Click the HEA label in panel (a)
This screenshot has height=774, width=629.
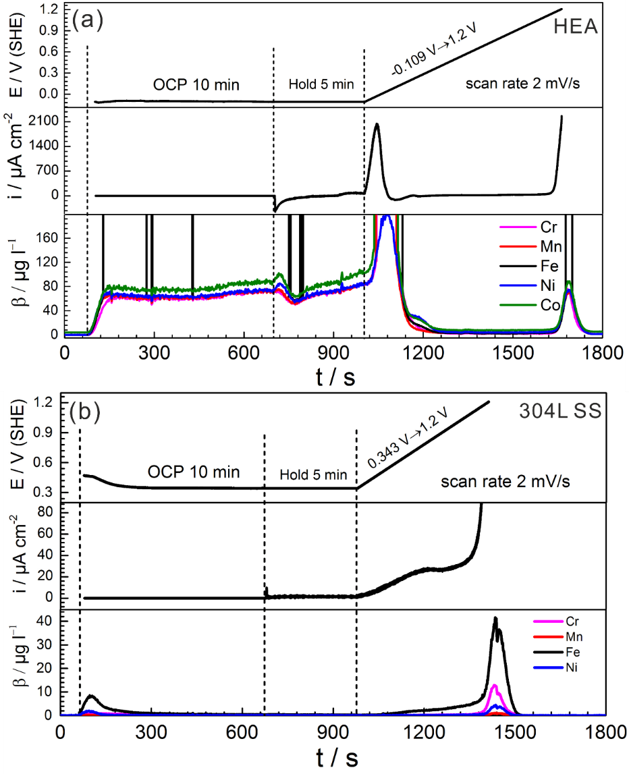coord(576,27)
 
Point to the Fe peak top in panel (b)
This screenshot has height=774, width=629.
coord(495,617)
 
